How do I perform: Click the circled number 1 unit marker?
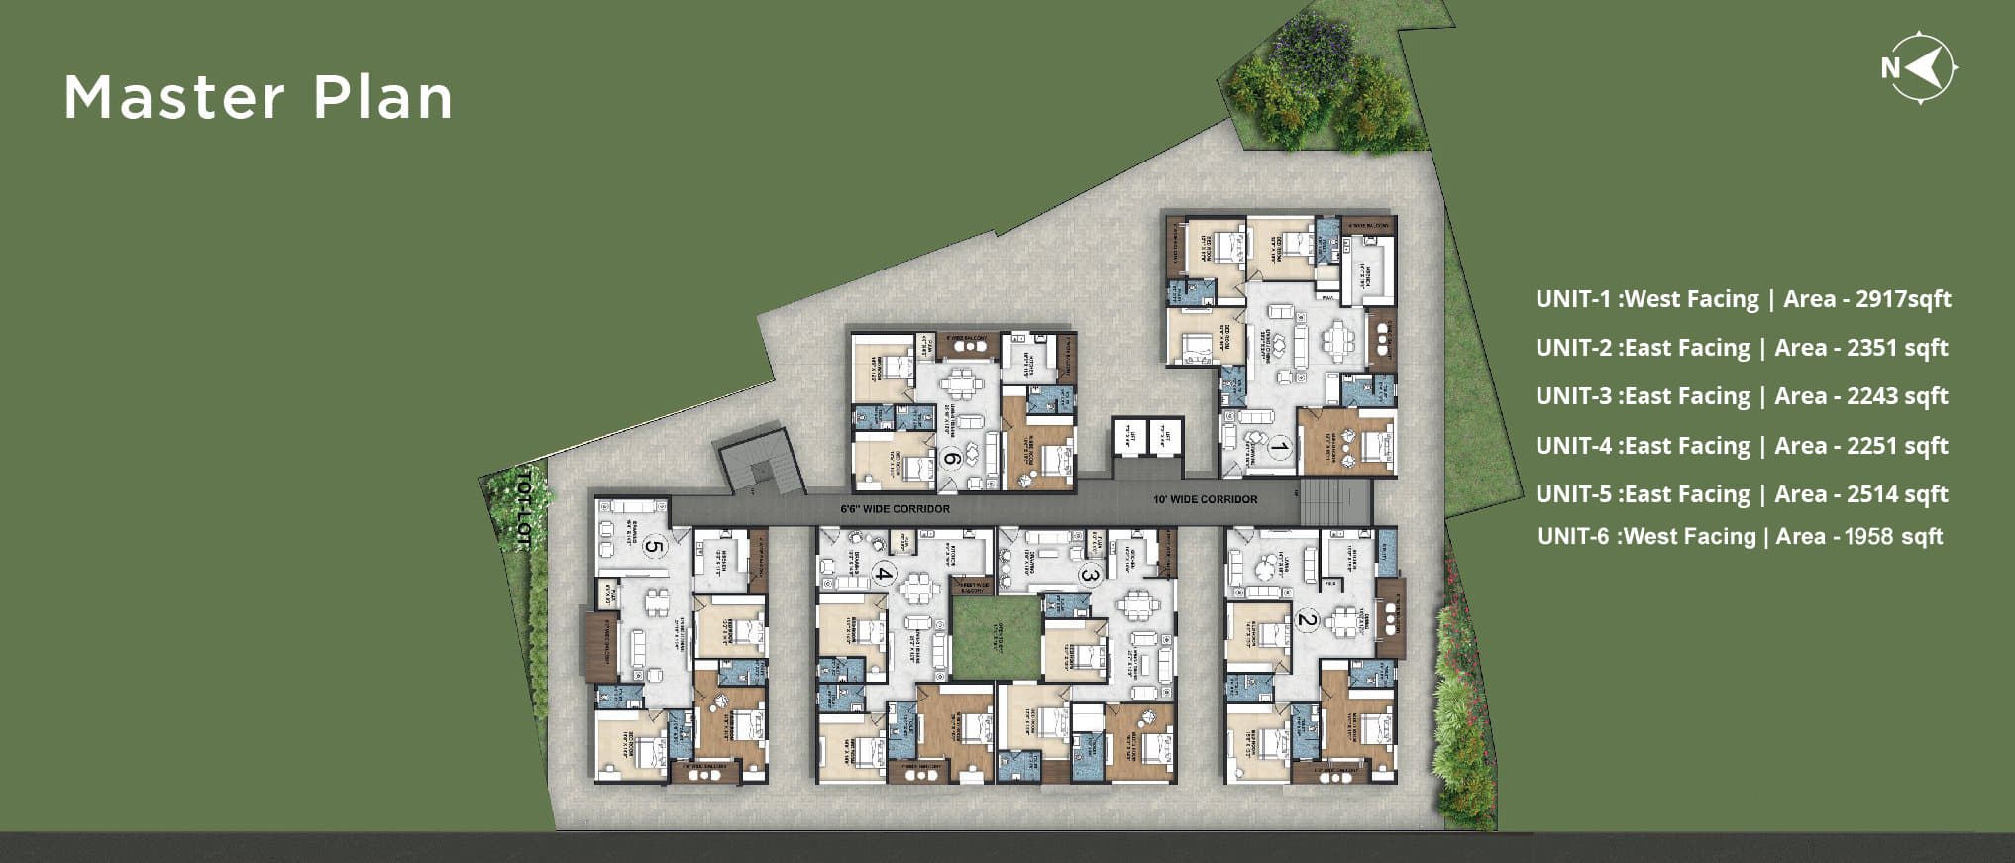1279,449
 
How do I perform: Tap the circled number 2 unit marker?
1307,621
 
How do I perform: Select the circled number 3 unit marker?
1090,574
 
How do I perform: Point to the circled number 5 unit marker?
653,545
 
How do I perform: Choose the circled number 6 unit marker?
951,458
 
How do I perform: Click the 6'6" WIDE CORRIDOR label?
895,509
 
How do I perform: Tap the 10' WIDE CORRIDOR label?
1205,499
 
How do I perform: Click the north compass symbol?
1922,67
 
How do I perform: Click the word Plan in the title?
383,98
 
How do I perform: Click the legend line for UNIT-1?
1743,299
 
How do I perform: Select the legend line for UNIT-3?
1742,396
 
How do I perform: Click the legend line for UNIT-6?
1740,537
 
